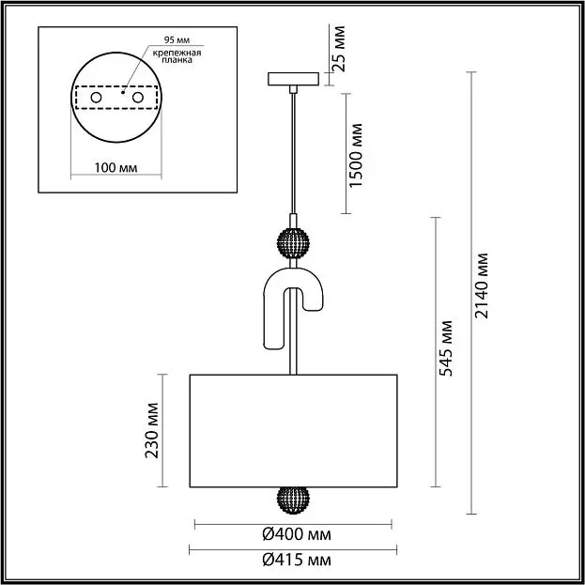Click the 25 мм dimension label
click(x=339, y=49)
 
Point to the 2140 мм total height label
click(x=482, y=285)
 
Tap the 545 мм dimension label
click(x=446, y=348)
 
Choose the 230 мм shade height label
click(x=152, y=430)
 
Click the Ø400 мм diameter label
click(x=297, y=534)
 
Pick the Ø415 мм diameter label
click(x=297, y=560)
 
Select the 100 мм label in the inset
click(x=115, y=168)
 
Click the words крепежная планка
click(x=177, y=56)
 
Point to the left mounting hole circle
click(x=97, y=98)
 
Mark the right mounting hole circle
click(x=138, y=98)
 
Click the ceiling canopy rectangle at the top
click(x=293, y=79)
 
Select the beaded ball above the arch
click(x=293, y=243)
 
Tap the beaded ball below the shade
click(x=293, y=500)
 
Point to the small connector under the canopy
click(x=293, y=89)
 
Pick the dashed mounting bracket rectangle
click(x=116, y=86)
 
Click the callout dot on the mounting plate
click(x=123, y=92)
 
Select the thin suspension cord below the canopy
click(x=293, y=154)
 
